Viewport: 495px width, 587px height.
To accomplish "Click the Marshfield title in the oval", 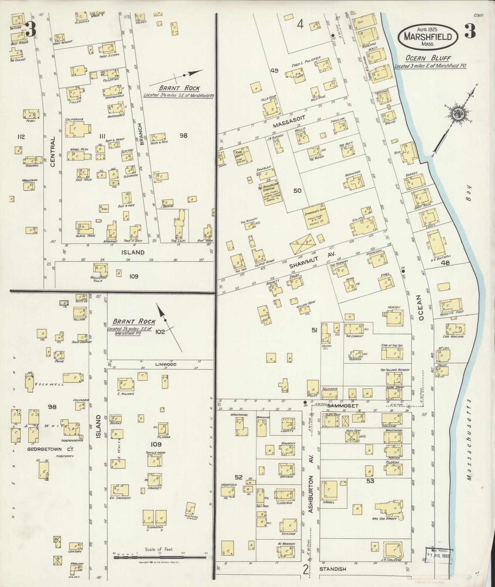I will coord(428,37).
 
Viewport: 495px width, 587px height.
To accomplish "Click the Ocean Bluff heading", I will coord(428,58).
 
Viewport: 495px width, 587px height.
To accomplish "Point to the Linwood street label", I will coord(165,364).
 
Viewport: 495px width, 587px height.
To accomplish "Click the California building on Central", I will coord(78,130).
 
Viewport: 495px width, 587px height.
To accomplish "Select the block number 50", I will coord(297,191).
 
